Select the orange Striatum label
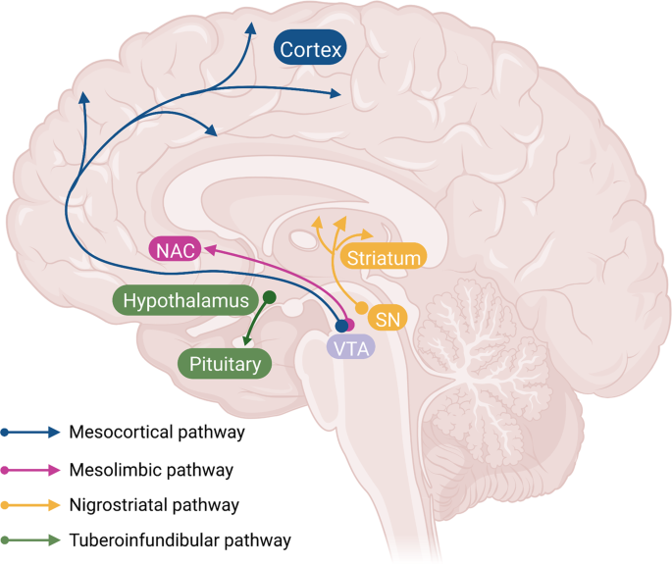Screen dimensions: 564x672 click(x=385, y=258)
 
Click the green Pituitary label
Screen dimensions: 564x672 click(x=224, y=365)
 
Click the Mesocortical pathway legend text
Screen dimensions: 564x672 click(x=157, y=431)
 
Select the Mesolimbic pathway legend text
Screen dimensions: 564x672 click(x=151, y=469)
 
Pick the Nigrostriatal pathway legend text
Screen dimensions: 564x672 click(x=155, y=505)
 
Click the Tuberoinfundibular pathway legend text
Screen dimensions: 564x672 click(x=181, y=540)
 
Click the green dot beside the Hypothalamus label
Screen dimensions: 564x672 click(x=269, y=297)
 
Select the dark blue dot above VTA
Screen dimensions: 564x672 click(x=341, y=325)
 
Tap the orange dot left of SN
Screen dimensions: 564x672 click(x=361, y=308)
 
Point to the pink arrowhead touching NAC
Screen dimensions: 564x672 click(x=208, y=252)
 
